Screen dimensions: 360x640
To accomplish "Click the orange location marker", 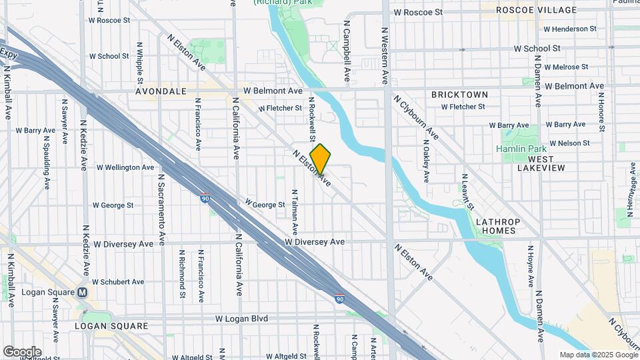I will (321, 159).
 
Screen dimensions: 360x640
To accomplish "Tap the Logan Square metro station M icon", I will (83, 292).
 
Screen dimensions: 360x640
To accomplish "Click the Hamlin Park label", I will (523, 149).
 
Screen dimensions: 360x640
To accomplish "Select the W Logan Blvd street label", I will (241, 319).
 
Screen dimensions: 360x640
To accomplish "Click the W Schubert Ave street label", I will (118, 282).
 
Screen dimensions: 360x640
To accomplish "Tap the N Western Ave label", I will (385, 55).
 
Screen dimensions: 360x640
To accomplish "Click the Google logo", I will (22, 352).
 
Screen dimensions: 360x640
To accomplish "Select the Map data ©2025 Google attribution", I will (597, 355).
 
